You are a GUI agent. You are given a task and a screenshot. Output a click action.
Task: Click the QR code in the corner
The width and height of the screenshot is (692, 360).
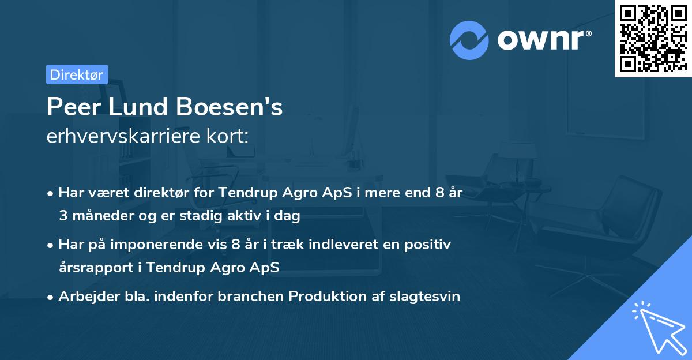[x=653, y=38]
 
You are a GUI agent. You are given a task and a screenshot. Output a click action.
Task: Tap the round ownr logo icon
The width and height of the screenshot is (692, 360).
[x=469, y=40]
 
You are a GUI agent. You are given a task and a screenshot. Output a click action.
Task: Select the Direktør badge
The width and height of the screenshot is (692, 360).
[x=77, y=74]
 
